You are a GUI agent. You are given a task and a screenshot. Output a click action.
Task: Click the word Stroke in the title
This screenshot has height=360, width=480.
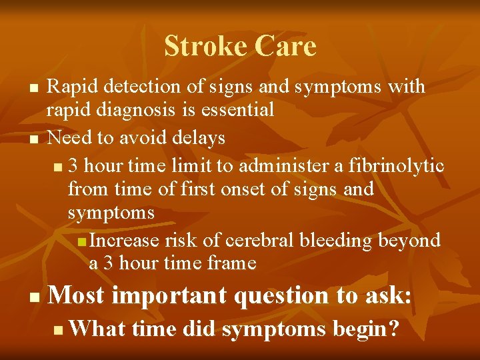[x=203, y=47]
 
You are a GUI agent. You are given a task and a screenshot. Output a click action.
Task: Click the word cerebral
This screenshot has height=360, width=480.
[x=265, y=240]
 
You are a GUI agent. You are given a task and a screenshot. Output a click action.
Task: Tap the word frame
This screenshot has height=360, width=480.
[x=231, y=263]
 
